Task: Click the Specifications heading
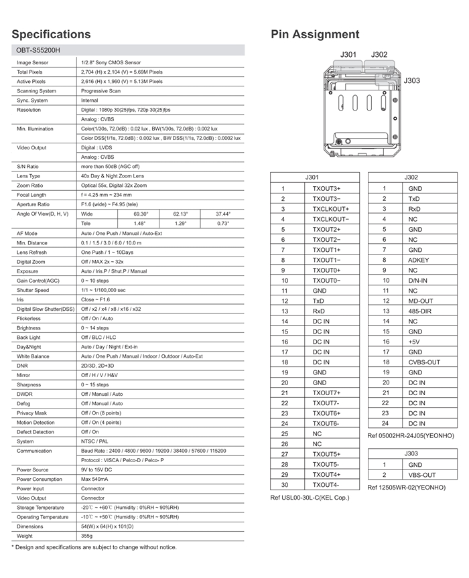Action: (51, 34)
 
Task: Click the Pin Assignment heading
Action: (315, 34)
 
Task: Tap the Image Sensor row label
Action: (33, 62)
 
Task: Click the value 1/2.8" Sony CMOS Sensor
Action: (111, 62)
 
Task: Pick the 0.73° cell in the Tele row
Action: (222, 223)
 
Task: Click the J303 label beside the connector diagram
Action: (412, 80)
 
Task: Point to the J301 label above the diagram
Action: (349, 55)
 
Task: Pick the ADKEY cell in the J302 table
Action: (418, 260)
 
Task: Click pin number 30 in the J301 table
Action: (284, 484)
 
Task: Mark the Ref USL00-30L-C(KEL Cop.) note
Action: (310, 498)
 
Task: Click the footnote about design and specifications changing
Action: (94, 547)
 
